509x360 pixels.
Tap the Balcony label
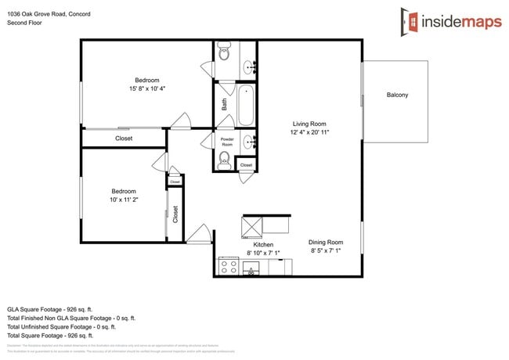397,95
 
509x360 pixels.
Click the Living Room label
309,124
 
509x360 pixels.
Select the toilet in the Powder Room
224,160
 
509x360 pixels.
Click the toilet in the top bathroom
224,54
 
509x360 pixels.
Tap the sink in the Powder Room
249,142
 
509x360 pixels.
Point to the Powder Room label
227,142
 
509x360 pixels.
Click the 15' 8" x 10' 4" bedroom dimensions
146,89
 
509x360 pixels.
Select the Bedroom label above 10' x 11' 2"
123,191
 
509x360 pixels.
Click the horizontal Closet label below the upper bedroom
124,139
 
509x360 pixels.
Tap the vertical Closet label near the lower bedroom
175,214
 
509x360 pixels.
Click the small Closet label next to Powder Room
246,165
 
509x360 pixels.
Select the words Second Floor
25,23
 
